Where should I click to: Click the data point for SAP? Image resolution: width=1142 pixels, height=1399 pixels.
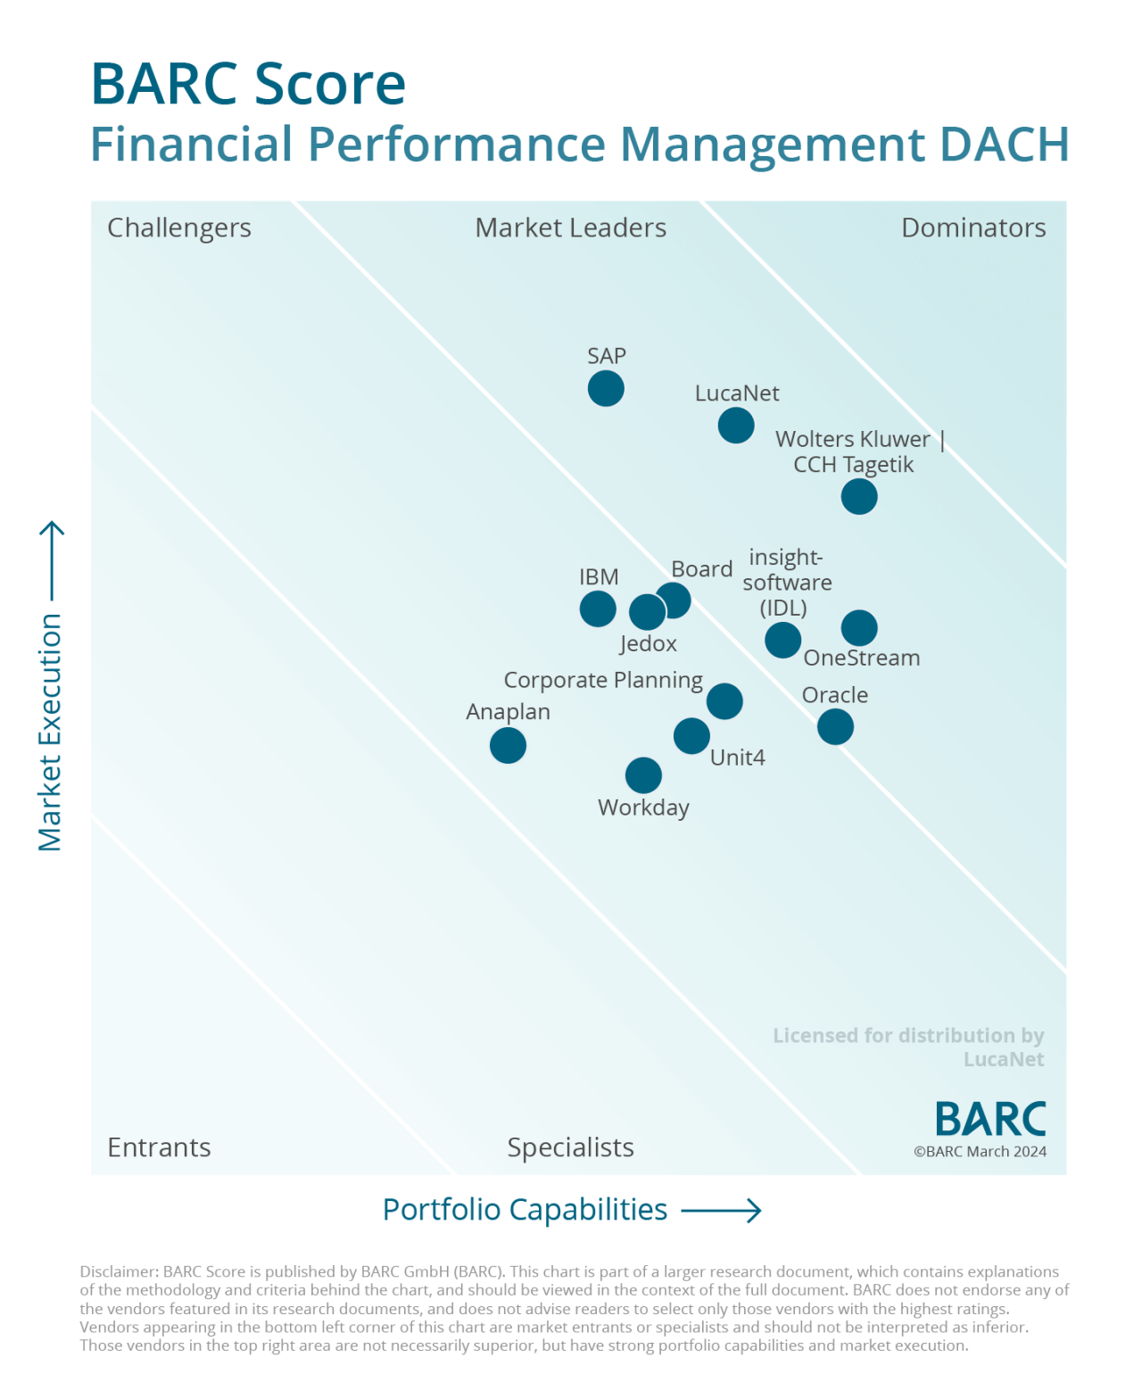(x=606, y=389)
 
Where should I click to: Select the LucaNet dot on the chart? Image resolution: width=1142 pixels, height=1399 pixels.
(x=736, y=426)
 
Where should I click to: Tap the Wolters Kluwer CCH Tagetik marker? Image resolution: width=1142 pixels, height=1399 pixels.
(x=859, y=497)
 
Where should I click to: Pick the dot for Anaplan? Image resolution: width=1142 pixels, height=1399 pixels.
(x=508, y=745)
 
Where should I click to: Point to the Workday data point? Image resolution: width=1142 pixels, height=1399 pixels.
(x=643, y=775)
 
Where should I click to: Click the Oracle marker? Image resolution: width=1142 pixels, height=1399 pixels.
(x=835, y=727)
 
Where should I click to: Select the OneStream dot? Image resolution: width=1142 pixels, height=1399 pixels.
(x=859, y=628)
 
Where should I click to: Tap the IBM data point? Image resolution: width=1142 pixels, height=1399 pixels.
(x=598, y=609)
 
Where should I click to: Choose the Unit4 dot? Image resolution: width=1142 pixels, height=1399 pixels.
(x=691, y=736)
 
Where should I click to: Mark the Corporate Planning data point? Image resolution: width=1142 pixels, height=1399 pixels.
(x=724, y=701)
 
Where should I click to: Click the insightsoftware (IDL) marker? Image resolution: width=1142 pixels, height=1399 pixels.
(x=782, y=640)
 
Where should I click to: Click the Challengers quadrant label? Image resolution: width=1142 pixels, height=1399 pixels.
(x=179, y=228)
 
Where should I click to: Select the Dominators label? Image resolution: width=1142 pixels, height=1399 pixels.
(x=973, y=228)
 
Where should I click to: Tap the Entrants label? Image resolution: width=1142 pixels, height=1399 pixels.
(x=159, y=1147)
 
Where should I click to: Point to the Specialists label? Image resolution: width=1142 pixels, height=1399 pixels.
(x=570, y=1147)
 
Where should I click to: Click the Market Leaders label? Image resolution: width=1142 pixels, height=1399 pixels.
(x=570, y=228)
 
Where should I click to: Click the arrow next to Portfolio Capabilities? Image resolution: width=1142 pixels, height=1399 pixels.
(x=721, y=1211)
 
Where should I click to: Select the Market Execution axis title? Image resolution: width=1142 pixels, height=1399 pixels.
(x=50, y=732)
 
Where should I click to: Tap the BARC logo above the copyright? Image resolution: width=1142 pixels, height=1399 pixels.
(x=990, y=1119)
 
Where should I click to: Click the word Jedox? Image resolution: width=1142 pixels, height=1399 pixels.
(x=649, y=644)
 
